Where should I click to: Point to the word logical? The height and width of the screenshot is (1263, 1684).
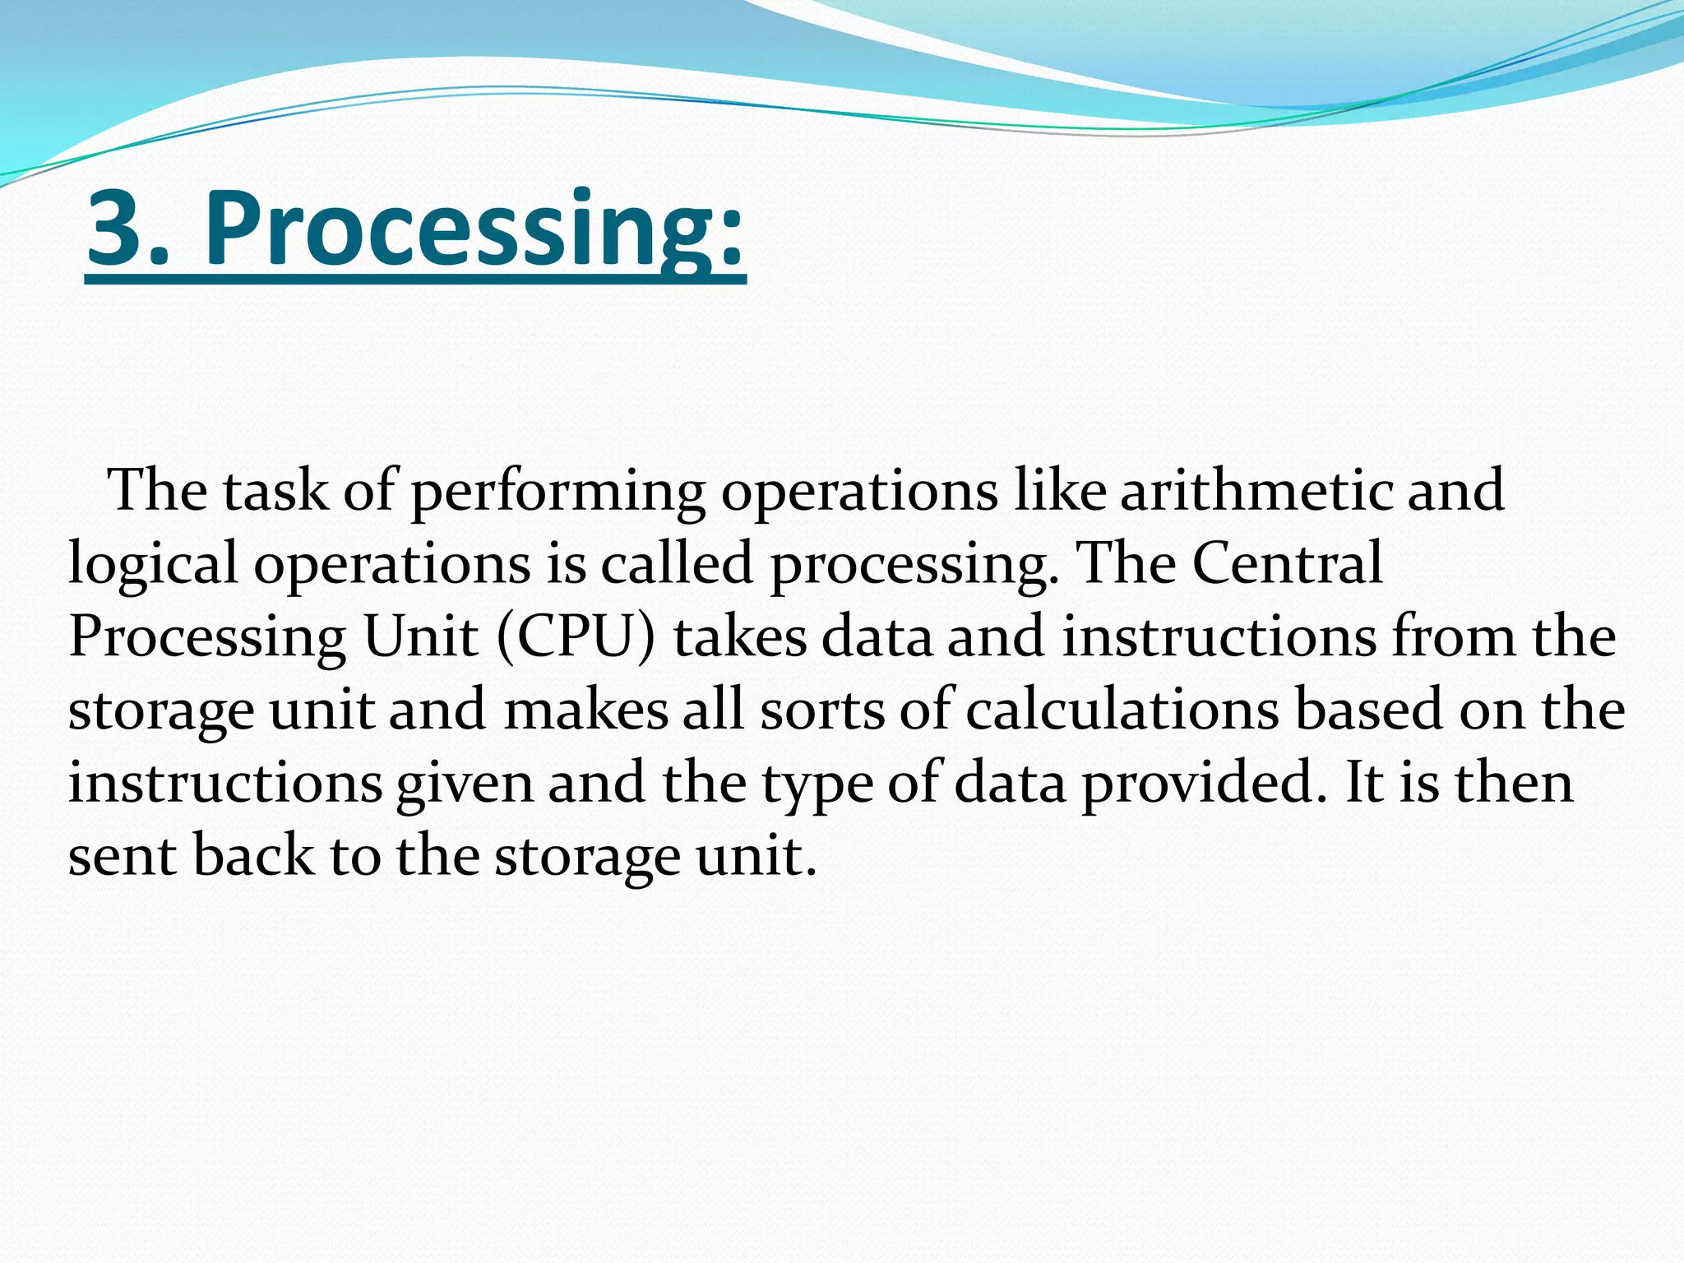tap(153, 566)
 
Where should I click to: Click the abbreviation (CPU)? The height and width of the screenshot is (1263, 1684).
tap(576, 638)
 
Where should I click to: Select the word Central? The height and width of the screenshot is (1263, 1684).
tap(1287, 564)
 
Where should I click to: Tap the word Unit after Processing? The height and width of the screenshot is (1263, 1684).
tap(420, 637)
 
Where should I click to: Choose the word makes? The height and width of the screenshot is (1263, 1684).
tap(586, 710)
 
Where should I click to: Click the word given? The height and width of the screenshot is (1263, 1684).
tap(465, 784)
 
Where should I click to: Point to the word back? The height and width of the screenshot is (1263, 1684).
tap(253, 856)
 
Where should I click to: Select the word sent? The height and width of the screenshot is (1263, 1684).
tap(123, 856)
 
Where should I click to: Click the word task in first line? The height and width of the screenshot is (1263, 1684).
tap(275, 491)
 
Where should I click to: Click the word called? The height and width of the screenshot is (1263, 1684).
tap(677, 564)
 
